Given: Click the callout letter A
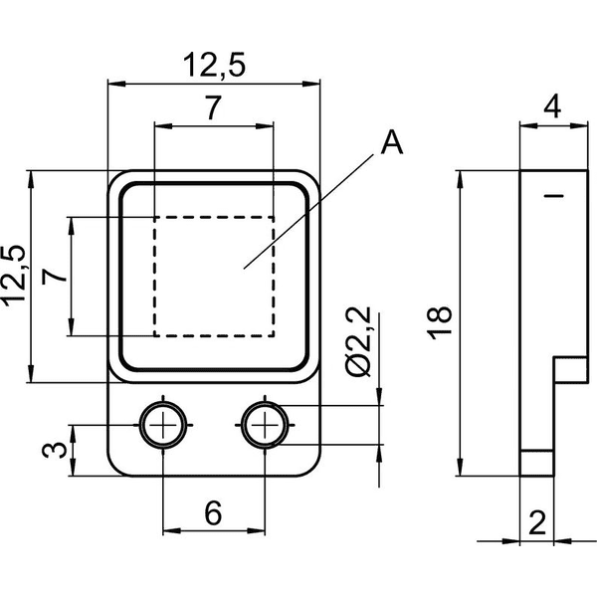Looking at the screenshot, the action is pos(392,142).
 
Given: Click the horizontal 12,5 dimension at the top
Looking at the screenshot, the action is pos(214,65).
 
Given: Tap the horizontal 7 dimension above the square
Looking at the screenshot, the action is pos(213,107).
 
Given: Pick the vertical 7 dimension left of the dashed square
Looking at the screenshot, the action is pos(55,276).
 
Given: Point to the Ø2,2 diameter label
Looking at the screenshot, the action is pos(358,341).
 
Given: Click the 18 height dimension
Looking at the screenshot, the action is pos(439,322).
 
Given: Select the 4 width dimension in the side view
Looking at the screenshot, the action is pos(552,106).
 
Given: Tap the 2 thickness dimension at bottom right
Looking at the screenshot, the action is pos(537,522).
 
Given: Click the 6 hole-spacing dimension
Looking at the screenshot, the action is pos(213,513).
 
